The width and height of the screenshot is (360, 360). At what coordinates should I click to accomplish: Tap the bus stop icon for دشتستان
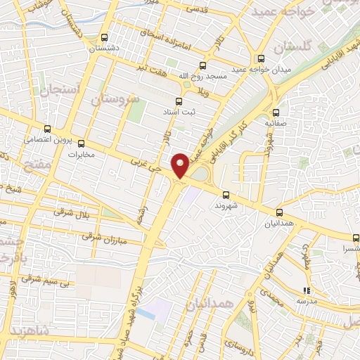pyautogui.click(x=105, y=38)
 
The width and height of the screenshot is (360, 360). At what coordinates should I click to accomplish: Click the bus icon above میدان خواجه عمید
pyautogui.click(x=261, y=58)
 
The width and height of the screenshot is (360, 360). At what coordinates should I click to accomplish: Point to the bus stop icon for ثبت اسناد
pyautogui.click(x=179, y=101)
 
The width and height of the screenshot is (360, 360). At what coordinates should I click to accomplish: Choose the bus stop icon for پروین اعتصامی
pyautogui.click(x=47, y=129)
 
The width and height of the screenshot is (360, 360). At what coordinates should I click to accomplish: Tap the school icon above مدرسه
pyautogui.click(x=306, y=290)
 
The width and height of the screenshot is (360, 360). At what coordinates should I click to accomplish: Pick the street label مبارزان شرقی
pyautogui.click(x=102, y=238)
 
